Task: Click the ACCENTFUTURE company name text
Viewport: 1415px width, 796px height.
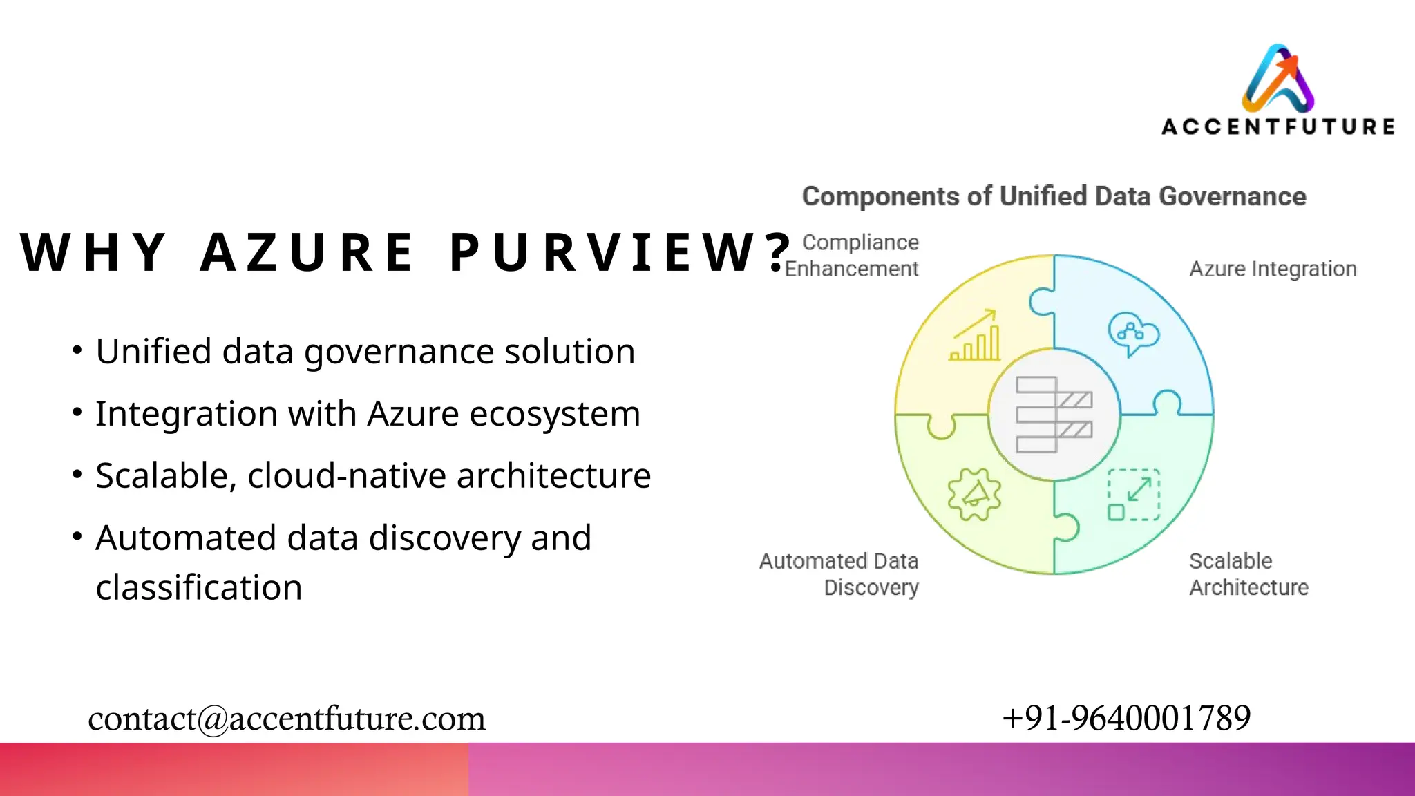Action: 1278,127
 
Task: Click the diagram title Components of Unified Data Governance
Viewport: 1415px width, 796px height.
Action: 1054,197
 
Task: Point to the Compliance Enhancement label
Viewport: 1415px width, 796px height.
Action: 852,256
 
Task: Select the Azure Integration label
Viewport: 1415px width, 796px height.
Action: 1273,269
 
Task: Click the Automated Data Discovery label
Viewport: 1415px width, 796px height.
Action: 839,574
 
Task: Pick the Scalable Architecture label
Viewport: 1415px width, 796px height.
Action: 1248,574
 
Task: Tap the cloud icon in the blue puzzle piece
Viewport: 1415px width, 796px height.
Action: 1133,334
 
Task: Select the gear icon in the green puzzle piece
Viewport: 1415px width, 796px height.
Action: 974,494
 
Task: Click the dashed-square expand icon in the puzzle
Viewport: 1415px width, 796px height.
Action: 1134,495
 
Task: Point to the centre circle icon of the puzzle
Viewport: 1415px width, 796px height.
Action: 1054,415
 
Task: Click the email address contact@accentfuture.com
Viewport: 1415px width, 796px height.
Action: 287,719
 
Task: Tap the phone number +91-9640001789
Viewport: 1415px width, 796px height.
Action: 1126,718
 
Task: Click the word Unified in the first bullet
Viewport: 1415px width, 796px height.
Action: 153,352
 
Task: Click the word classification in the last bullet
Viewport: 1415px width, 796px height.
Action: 199,588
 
